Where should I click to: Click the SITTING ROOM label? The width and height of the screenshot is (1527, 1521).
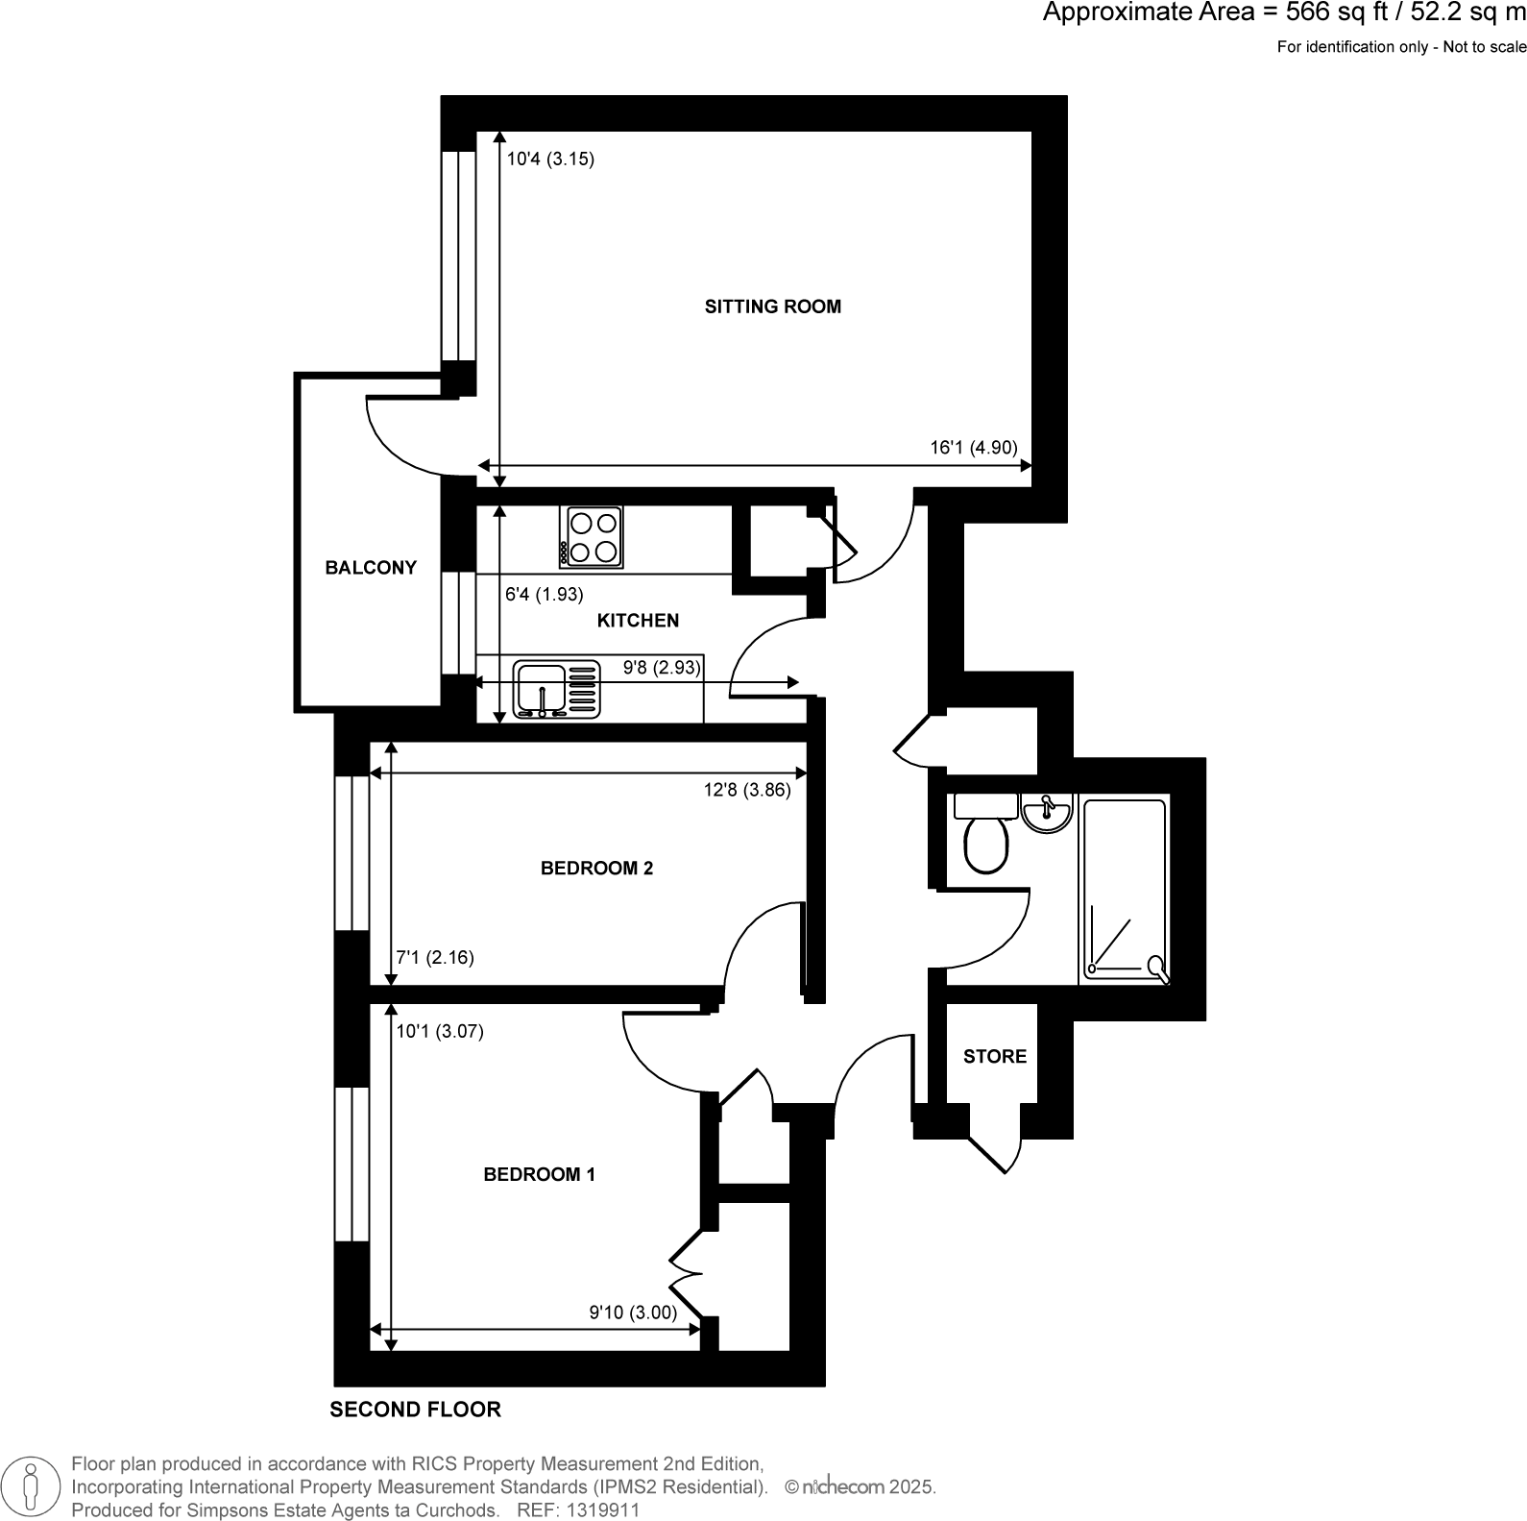click(772, 307)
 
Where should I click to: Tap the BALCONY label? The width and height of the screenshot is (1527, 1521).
click(371, 568)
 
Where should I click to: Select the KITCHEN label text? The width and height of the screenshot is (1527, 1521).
click(638, 621)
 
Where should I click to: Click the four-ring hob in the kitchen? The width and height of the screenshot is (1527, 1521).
click(592, 537)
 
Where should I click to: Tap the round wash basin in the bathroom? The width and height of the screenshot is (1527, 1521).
click(1047, 813)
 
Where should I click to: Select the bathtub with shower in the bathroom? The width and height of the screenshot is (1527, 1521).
click(1125, 890)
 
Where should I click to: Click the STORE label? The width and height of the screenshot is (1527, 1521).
click(994, 1057)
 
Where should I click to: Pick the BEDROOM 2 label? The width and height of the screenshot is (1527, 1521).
click(596, 869)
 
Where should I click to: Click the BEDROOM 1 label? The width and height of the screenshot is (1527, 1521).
click(539, 1174)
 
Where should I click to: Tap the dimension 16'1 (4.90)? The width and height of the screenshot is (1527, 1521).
click(973, 447)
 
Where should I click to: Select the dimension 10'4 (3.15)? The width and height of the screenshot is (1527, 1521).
click(550, 159)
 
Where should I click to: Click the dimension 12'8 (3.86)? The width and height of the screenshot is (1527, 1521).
click(746, 791)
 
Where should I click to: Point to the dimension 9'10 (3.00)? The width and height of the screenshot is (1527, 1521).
click(632, 1312)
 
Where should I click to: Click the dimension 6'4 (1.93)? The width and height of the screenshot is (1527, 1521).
click(544, 595)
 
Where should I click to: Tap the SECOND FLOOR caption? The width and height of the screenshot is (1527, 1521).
click(415, 1410)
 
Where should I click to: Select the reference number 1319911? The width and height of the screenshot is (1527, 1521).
click(604, 1509)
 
